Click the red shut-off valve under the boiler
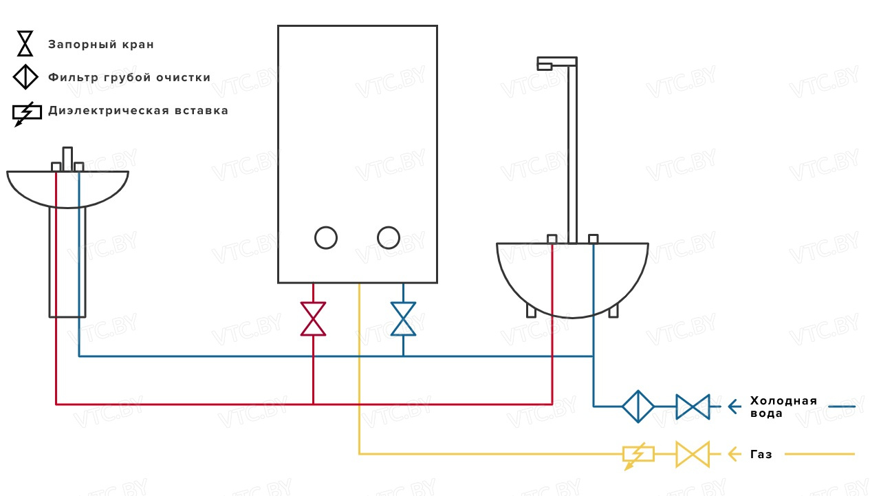(x=313, y=319)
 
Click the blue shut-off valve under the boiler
(x=403, y=319)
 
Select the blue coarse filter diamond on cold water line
(x=638, y=407)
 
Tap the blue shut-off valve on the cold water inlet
(x=692, y=407)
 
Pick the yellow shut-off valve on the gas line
(x=692, y=454)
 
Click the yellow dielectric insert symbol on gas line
(x=638, y=455)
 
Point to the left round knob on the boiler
(x=326, y=237)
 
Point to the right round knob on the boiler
(x=389, y=237)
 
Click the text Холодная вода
(x=783, y=407)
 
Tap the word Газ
(x=761, y=455)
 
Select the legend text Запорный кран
(x=101, y=45)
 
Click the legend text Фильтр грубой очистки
(x=129, y=78)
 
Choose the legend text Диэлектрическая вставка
(x=138, y=111)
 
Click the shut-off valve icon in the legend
(x=25, y=43)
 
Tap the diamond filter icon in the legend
(x=25, y=76)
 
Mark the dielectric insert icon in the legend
(x=26, y=112)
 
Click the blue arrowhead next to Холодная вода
(x=734, y=407)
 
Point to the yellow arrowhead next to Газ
(x=734, y=454)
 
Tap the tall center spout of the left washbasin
(x=67, y=158)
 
